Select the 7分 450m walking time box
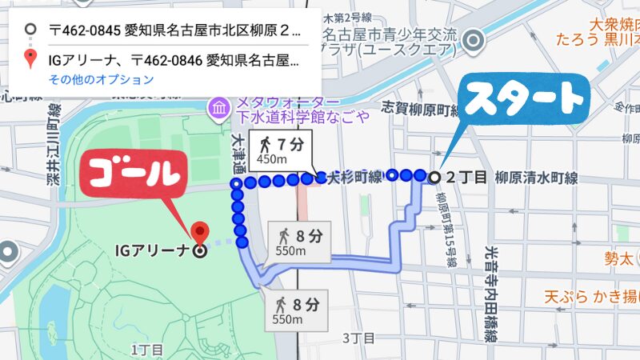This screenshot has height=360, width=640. pos(282,152)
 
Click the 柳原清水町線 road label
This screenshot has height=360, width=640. pos(535,177)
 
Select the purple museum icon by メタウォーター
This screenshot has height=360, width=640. pos(217,105)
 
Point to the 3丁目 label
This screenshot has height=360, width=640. pos(358,338)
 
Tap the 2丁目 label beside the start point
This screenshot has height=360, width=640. pos(467,177)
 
